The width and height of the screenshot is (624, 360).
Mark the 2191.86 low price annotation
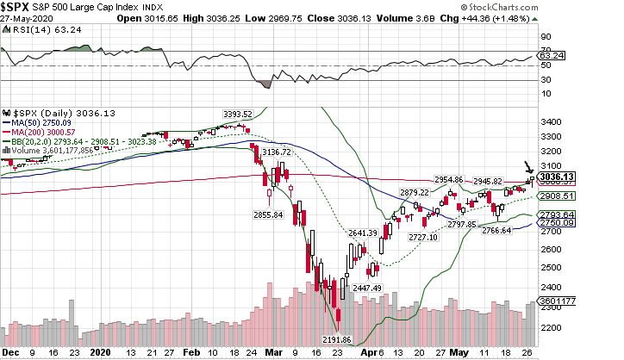click(x=338, y=340)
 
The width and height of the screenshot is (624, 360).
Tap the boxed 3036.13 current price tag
click(x=555, y=177)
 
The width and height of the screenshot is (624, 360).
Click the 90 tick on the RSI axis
click(x=545, y=37)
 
